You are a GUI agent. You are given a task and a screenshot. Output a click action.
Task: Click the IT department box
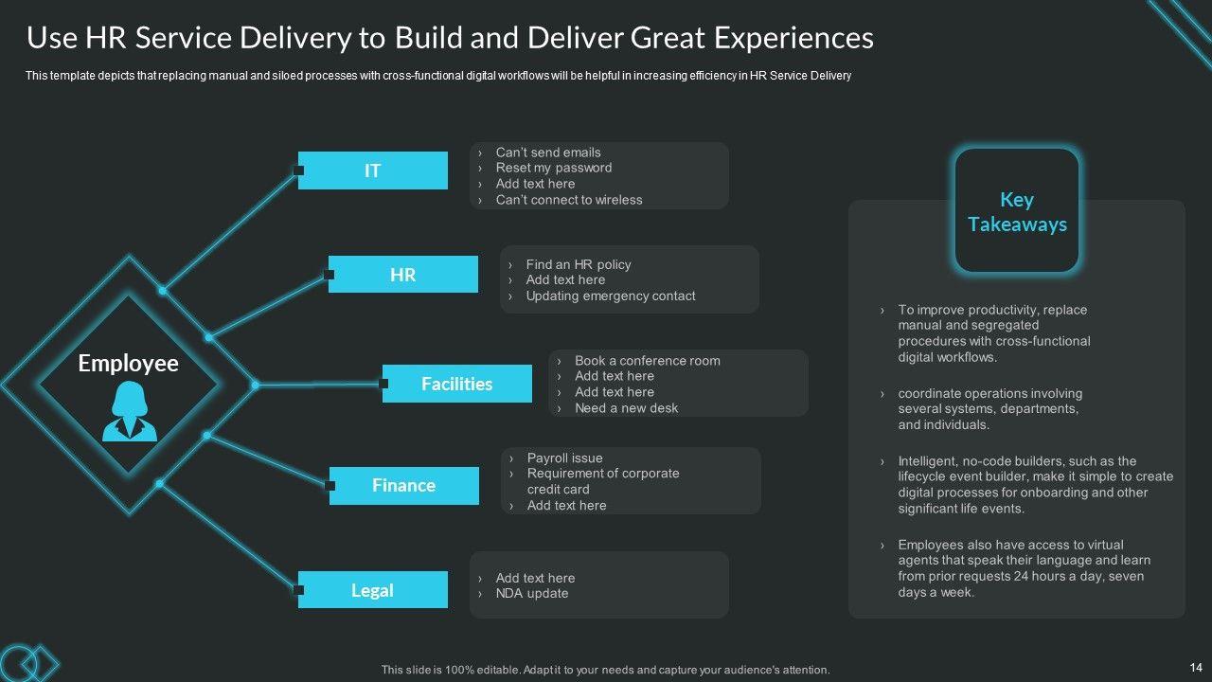[373, 170]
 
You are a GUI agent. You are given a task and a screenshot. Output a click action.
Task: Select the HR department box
[403, 275]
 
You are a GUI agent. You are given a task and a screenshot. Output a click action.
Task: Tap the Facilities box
[457, 384]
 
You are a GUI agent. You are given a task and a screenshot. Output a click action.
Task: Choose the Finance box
[404, 485]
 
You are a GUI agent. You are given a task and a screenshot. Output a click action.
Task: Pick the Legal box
[373, 590]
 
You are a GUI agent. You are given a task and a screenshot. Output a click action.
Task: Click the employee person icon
[130, 412]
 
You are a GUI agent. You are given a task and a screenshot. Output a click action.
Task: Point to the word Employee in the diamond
[128, 364]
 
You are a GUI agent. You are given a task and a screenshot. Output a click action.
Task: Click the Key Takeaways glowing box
[1017, 211]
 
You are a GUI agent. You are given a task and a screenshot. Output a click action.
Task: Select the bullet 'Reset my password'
[554, 168]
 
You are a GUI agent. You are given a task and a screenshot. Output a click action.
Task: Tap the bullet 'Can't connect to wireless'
[569, 200]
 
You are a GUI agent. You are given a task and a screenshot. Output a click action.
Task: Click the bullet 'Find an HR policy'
[579, 264]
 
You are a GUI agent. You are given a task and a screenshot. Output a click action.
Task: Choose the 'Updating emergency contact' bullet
[611, 296]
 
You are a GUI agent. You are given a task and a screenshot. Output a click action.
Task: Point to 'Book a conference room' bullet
[647, 360]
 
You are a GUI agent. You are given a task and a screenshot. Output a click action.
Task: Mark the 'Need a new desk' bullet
[626, 408]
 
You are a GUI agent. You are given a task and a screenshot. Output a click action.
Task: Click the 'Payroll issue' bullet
[564, 458]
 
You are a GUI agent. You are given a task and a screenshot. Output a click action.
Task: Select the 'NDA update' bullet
[532, 594]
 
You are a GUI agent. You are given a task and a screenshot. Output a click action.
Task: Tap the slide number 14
[1195, 667]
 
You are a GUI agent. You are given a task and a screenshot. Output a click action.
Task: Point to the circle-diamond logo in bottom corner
[28, 661]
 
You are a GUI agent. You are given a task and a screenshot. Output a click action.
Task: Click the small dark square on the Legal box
[299, 590]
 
